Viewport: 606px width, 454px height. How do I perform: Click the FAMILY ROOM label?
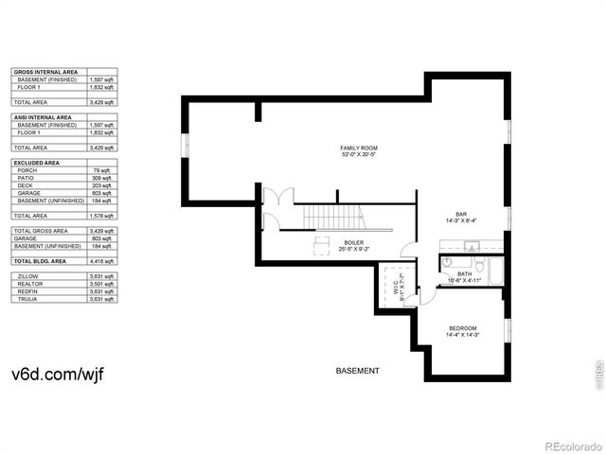click(x=359, y=148)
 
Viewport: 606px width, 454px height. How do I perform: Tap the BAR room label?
click(x=461, y=214)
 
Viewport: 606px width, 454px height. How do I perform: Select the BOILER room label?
click(x=354, y=243)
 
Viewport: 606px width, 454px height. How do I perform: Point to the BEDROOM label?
click(x=463, y=328)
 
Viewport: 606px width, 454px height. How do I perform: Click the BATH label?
click(x=465, y=274)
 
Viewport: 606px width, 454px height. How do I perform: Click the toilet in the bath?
click(x=479, y=261)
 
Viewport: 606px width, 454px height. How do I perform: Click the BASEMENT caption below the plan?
click(x=358, y=371)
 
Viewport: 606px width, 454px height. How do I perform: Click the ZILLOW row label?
click(x=27, y=276)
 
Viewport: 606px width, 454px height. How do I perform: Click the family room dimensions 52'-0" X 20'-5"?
click(x=359, y=156)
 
